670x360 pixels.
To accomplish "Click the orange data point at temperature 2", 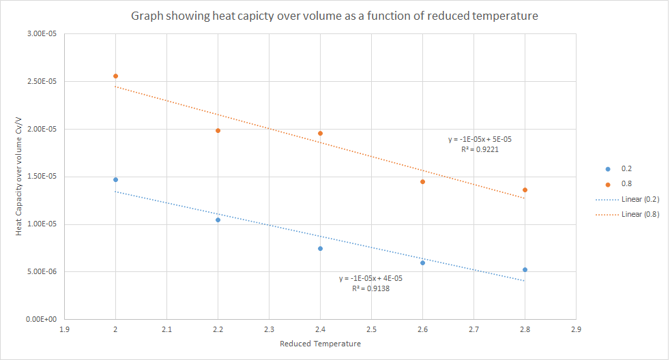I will point(115,76).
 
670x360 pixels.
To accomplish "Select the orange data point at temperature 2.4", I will point(320,133).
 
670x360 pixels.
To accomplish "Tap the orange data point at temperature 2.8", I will point(525,190).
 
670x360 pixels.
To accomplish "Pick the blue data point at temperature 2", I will point(115,179).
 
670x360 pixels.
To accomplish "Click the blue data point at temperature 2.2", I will point(218,220).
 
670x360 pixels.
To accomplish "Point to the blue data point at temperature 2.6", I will point(422,262).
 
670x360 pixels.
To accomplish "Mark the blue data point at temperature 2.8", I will point(525,269).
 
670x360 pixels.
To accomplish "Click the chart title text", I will point(334,16).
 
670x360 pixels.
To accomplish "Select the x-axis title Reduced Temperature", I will point(320,344).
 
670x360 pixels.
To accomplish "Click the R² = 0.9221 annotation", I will point(480,149).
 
